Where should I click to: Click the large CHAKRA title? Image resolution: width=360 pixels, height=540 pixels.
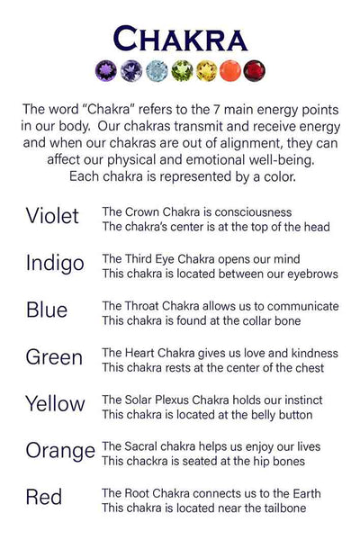[180, 40]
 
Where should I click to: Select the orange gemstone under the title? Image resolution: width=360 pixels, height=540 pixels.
[230, 70]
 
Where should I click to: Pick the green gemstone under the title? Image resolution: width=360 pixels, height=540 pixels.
[181, 70]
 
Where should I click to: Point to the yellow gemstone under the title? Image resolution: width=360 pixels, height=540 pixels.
[206, 70]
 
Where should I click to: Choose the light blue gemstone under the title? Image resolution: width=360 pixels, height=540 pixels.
[157, 70]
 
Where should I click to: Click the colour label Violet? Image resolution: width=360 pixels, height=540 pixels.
[52, 216]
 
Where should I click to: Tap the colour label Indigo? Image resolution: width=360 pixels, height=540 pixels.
[55, 264]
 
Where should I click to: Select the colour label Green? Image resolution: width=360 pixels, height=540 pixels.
[54, 357]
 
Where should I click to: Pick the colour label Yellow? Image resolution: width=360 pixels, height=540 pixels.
[56, 404]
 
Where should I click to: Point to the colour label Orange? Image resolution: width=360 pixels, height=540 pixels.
[60, 451]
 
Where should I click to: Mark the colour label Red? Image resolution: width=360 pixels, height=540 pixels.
[44, 498]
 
